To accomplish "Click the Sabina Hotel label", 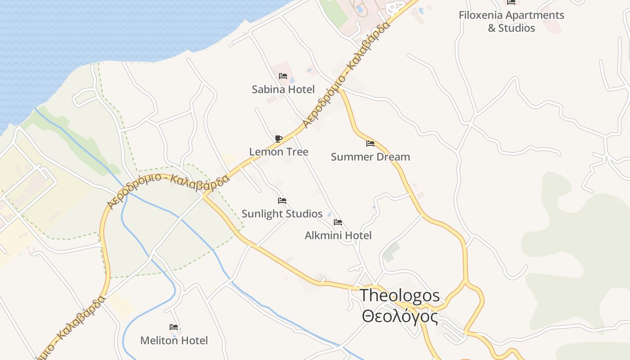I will (x=283, y=90).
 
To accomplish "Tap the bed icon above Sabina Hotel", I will (x=283, y=76).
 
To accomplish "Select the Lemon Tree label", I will (x=279, y=152).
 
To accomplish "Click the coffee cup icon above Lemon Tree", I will (x=278, y=138).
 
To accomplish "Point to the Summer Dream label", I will (x=370, y=157).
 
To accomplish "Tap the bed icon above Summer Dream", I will (x=370, y=144).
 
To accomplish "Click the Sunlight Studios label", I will (x=282, y=214).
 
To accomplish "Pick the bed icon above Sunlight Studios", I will (x=282, y=200).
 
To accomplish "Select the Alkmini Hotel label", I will (x=338, y=235).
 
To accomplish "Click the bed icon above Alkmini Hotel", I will (x=338, y=222).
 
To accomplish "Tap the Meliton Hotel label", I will (x=174, y=341).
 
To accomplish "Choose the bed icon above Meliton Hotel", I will (x=174, y=327).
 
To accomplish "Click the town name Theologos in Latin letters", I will (x=400, y=296).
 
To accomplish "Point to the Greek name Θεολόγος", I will (x=400, y=316).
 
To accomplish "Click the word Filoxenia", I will (x=481, y=15).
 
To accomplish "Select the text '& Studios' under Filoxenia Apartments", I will (x=512, y=28).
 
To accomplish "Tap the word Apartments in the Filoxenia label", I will (x=535, y=15).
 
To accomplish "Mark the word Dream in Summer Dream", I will (x=393, y=157).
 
